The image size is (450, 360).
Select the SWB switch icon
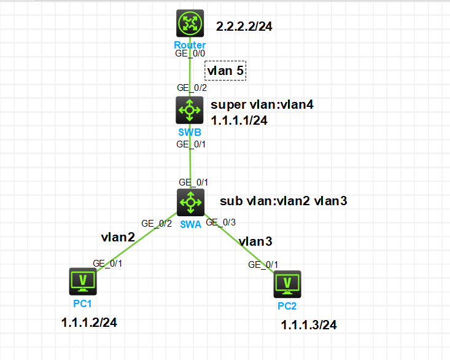(190, 110)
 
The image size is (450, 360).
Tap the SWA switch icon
(190, 202)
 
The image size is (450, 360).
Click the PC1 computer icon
(83, 281)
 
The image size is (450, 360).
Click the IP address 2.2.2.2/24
(244, 27)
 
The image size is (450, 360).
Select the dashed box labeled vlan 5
(225, 71)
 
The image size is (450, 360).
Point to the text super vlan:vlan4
(262, 104)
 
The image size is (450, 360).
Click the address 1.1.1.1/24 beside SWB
(239, 120)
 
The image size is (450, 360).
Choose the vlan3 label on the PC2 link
(255, 241)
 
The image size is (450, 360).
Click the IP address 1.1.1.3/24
(309, 325)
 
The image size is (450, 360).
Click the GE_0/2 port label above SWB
(189, 87)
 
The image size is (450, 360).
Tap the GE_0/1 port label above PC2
(263, 265)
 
